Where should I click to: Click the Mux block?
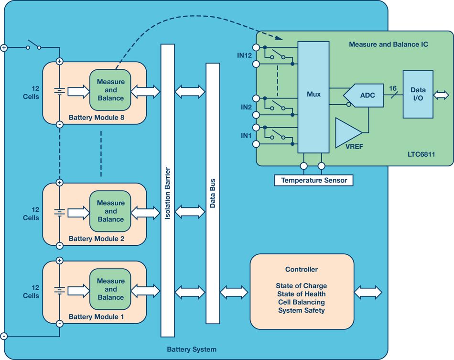coord(313,97)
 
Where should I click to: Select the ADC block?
coord(364,95)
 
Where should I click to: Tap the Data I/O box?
coord(418,94)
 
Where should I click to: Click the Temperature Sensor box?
coord(313,180)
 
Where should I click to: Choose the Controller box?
coord(302,292)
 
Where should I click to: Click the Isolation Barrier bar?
coord(168,191)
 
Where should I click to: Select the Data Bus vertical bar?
coord(213,194)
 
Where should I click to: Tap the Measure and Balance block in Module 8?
coord(110,90)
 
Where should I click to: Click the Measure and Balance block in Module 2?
coord(110,211)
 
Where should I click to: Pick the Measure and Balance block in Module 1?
coord(110,289)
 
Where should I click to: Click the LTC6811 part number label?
coord(422,154)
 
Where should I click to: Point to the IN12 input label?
coord(244,55)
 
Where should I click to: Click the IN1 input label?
coord(246,135)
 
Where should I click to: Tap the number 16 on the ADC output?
coord(393,88)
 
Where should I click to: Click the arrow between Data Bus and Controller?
coord(234,292)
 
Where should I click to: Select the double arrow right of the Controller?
coord(368,292)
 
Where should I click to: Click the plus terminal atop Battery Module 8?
coord(59,61)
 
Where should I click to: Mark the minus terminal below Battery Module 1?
coord(59,324)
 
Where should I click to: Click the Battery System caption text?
coord(192,349)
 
